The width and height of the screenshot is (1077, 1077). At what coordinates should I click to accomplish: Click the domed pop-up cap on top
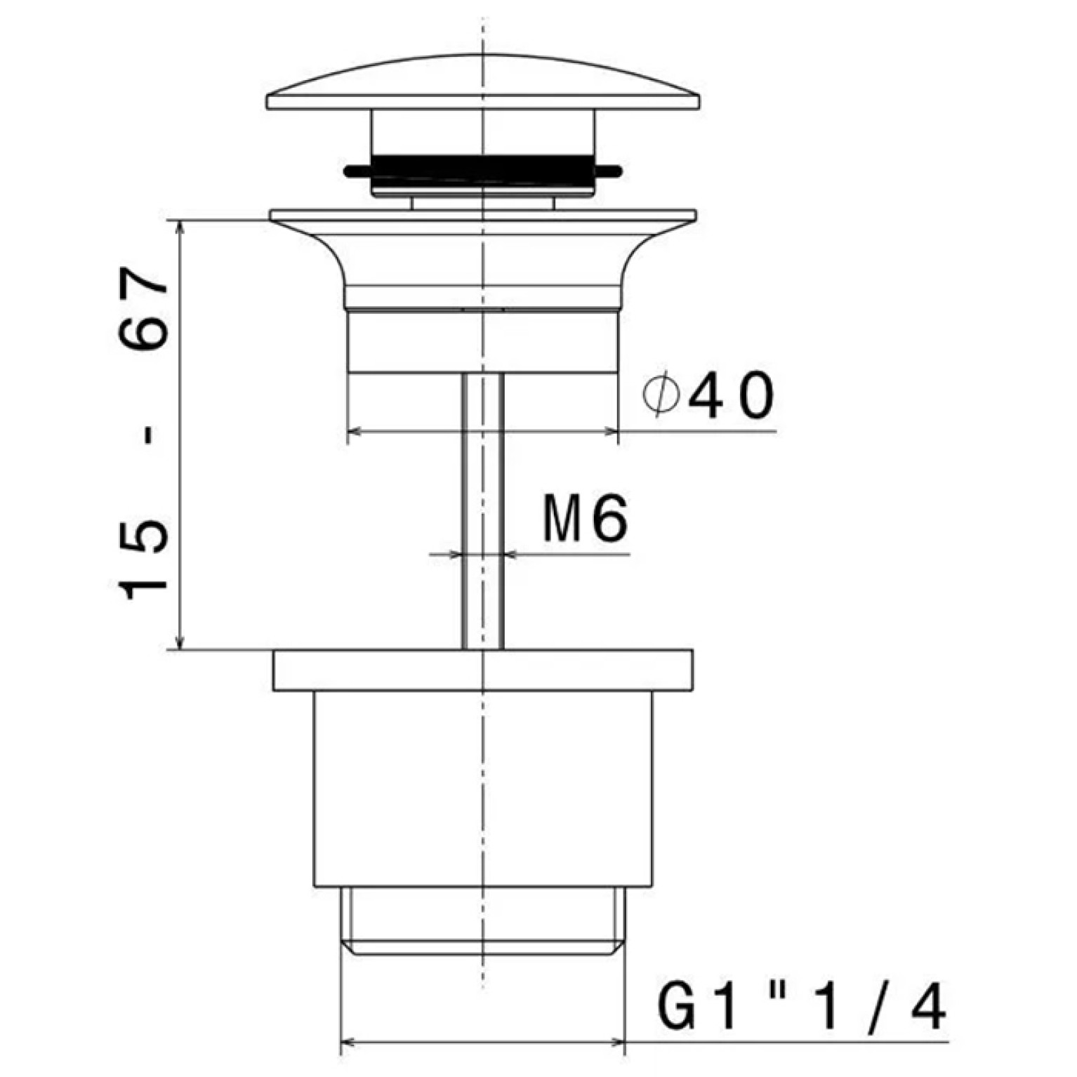[x=483, y=82]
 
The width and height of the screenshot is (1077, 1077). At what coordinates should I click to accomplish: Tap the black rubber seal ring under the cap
[x=483, y=170]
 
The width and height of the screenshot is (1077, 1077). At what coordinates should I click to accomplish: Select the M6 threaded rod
[x=483, y=510]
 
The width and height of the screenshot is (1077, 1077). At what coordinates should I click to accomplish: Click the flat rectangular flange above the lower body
[x=483, y=670]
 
